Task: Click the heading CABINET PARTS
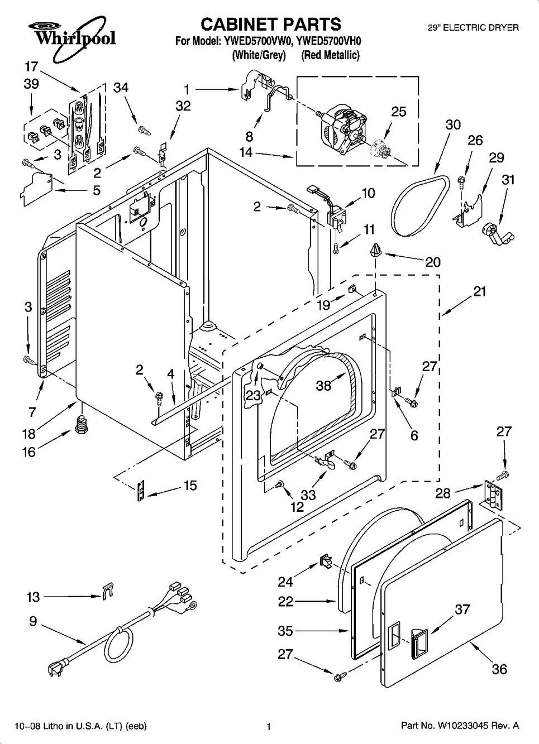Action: coord(270,24)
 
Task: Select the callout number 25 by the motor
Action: coord(398,111)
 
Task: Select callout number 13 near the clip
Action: coord(33,597)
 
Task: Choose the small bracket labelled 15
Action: coord(140,490)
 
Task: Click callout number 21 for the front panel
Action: coord(479,291)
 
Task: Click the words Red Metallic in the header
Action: coord(330,55)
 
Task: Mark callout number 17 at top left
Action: coord(31,67)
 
